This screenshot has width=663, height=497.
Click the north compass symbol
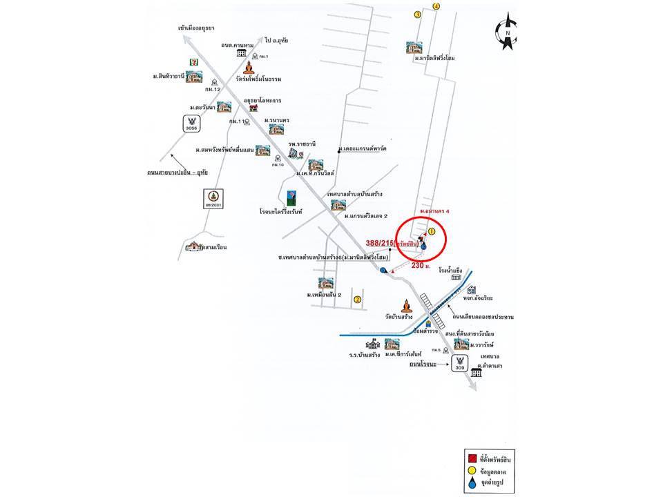click(x=508, y=32)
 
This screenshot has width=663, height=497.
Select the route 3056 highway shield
click(x=191, y=124)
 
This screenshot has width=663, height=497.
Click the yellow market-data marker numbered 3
click(x=417, y=14)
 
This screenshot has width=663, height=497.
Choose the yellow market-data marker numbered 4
click(x=436, y=6)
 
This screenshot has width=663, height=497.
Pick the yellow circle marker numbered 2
click(x=357, y=299)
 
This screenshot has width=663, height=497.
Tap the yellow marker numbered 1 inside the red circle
click(x=432, y=231)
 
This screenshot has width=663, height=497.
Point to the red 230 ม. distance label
click(x=421, y=266)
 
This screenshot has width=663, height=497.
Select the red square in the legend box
click(x=472, y=458)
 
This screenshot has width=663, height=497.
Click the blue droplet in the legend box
click(x=472, y=485)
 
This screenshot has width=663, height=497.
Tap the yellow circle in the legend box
click(x=472, y=471)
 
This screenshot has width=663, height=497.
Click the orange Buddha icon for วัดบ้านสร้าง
click(x=406, y=305)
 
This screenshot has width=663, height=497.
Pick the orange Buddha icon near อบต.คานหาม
click(x=249, y=68)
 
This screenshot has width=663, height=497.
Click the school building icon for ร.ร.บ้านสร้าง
click(x=373, y=344)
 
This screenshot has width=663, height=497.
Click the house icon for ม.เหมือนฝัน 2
click(x=326, y=283)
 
